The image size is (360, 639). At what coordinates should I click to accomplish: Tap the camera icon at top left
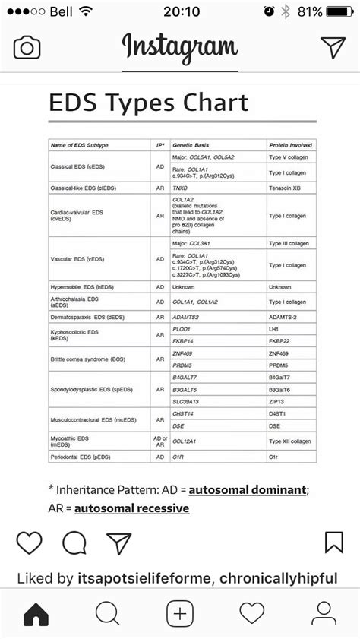pyautogui.click(x=27, y=48)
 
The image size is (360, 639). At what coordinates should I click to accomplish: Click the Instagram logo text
pyautogui.click(x=180, y=47)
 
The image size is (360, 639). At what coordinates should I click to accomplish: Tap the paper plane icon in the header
pyautogui.click(x=333, y=47)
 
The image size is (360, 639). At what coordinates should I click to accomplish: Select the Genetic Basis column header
pyautogui.click(x=191, y=144)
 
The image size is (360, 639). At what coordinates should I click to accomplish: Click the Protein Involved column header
pyautogui.click(x=290, y=144)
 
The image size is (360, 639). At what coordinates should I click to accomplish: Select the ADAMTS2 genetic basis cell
pyautogui.click(x=185, y=316)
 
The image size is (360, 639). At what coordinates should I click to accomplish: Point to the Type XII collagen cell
pyautogui.click(x=289, y=441)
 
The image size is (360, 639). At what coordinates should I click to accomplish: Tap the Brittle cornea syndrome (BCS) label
pyautogui.click(x=87, y=359)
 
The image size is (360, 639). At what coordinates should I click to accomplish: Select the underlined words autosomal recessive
pyautogui.click(x=131, y=508)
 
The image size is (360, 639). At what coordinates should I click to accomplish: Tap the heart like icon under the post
pyautogui.click(x=29, y=543)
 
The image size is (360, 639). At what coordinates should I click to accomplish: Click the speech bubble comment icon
pyautogui.click(x=74, y=543)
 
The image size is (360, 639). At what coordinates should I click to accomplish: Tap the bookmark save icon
pyautogui.click(x=333, y=543)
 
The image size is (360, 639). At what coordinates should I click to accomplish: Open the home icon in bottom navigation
pyautogui.click(x=36, y=612)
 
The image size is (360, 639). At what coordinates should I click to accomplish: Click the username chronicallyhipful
pyautogui.click(x=279, y=579)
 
